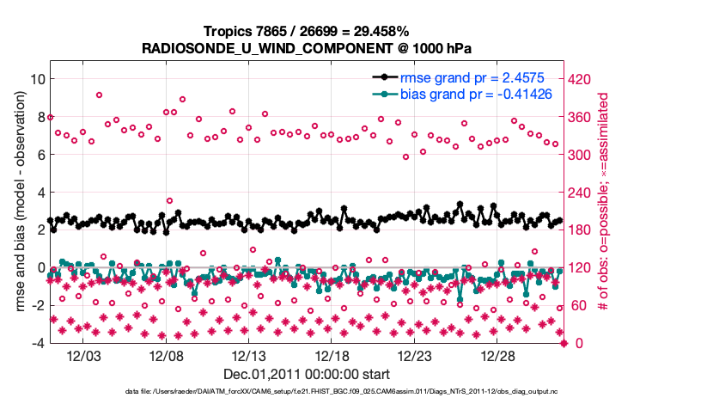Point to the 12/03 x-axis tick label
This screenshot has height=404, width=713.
pyautogui.click(x=85, y=356)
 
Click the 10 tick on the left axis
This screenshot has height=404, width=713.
pyautogui.click(x=37, y=79)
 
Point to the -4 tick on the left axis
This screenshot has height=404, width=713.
pyautogui.click(x=37, y=344)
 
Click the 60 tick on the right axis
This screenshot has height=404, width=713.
pyautogui.click(x=580, y=306)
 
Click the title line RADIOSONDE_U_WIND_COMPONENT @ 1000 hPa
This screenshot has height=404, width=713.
pyautogui.click(x=307, y=48)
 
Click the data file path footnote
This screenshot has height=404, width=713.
pyautogui.click(x=356, y=392)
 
